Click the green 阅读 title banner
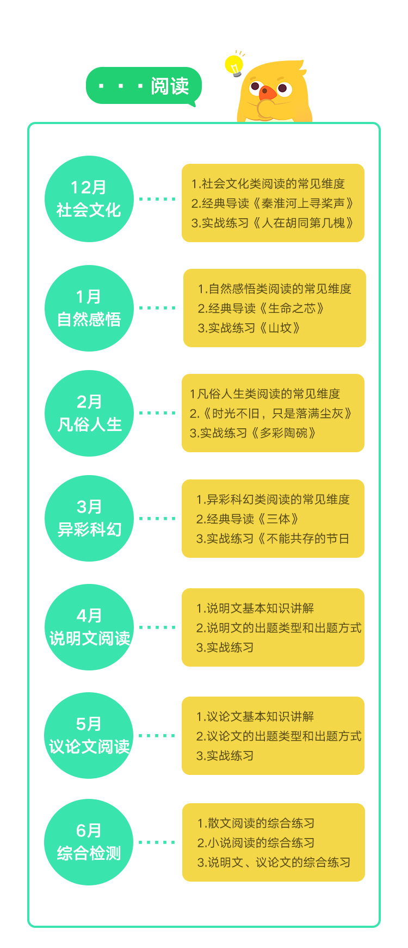[144, 86]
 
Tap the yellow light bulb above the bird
[234, 65]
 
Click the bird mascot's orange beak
[267, 93]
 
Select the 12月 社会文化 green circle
[89, 199]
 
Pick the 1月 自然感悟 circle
[89, 308]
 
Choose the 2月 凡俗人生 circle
[89, 413]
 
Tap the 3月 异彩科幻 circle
[89, 519]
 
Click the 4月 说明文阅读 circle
[89, 627]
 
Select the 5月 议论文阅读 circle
[89, 736]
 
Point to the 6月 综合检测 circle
[89, 842]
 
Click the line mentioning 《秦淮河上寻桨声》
[273, 204]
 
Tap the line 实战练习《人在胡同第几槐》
[273, 223]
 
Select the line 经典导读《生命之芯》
[261, 309]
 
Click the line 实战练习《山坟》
[249, 328]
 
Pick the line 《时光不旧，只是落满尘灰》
[271, 414]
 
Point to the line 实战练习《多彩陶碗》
[253, 433]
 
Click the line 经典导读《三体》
[248, 519]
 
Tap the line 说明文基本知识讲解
[255, 608]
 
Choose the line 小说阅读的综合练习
[256, 843]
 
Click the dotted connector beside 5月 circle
[157, 736]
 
